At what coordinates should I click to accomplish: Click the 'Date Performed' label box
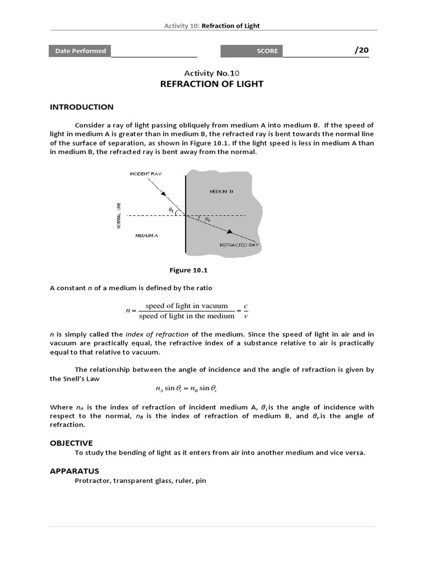pos(81,51)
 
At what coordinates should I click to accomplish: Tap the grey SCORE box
pos(252,51)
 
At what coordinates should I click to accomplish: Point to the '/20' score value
pos(361,50)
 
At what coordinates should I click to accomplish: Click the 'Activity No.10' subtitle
pos(211,72)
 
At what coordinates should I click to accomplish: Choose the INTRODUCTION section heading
pos(82,107)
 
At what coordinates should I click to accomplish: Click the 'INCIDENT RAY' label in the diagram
pos(146,174)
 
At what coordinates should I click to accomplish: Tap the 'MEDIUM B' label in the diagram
pos(221,191)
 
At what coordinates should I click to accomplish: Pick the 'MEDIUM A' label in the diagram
pos(147,236)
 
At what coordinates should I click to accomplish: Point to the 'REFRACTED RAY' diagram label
pos(239,244)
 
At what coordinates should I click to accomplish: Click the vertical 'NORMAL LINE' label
pos(119,216)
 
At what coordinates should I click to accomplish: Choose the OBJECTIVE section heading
pos(71,443)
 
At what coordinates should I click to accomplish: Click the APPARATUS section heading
pos(75,471)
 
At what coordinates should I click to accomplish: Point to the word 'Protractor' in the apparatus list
pos(92,481)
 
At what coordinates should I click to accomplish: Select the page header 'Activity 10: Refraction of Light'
pos(211,26)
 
